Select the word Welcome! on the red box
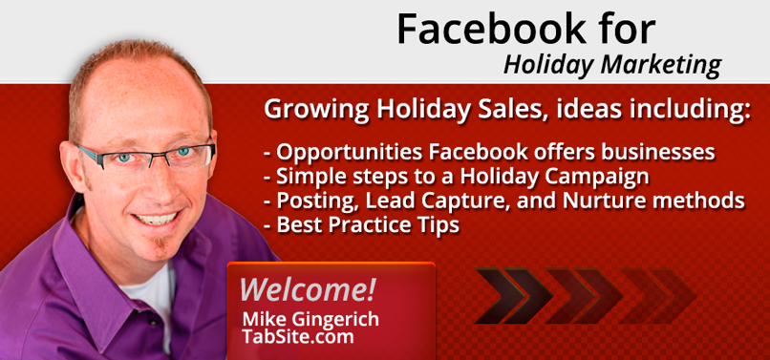pyautogui.click(x=308, y=289)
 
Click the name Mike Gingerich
pyautogui.click(x=310, y=319)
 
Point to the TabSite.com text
pyautogui.click(x=298, y=336)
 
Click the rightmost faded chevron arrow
pyautogui.click(x=659, y=296)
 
